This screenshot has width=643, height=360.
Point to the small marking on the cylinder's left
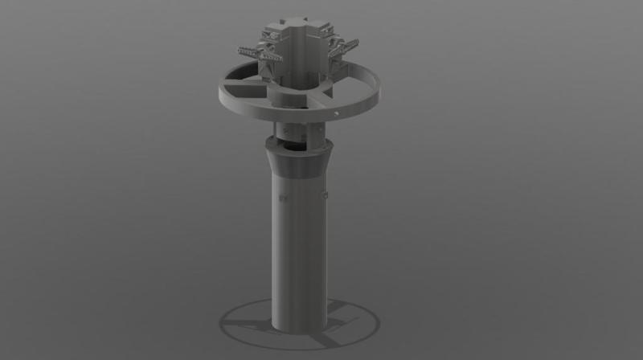point(281,196)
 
